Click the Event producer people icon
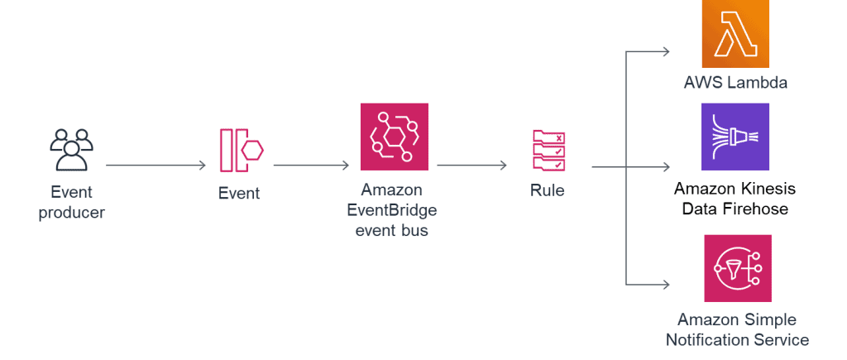[x=70, y=150]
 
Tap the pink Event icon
[x=241, y=150]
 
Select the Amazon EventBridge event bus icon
[x=394, y=137]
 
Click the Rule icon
[x=548, y=151]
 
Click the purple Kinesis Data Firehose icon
[x=735, y=137]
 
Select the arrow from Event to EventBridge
[x=311, y=166]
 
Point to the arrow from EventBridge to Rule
[x=471, y=166]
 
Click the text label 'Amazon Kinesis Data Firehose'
[x=735, y=199]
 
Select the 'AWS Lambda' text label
[x=735, y=83]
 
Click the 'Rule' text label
[x=548, y=191]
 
